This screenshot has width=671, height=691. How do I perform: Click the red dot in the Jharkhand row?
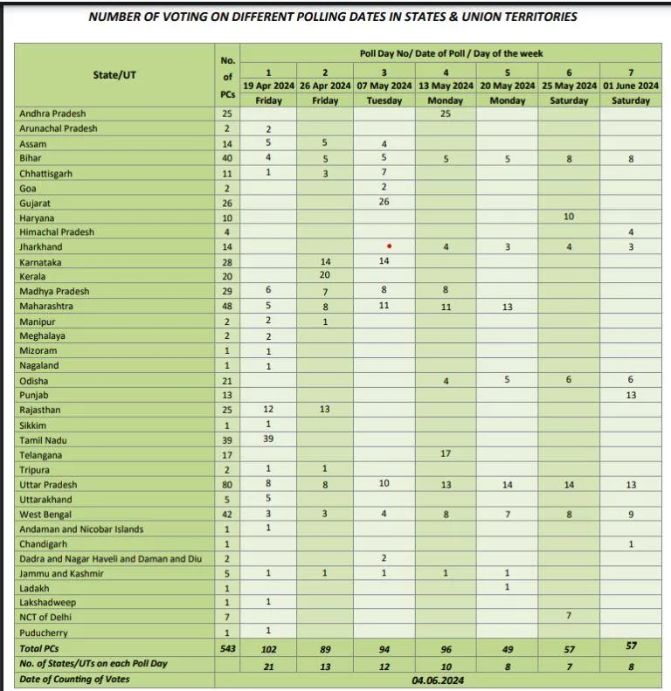pos(389,246)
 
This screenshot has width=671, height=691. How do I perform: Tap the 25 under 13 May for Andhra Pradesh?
pos(445,114)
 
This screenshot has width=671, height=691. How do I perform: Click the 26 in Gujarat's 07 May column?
pos(384,202)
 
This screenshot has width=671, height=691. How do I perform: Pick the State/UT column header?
pos(114,75)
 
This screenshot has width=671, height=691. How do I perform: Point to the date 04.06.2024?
pos(446,679)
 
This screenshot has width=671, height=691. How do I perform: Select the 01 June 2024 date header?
pos(631,86)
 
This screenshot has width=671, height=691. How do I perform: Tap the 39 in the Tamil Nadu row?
pos(268,439)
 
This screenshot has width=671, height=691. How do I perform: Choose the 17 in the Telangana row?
pos(445,454)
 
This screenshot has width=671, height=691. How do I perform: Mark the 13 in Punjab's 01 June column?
pos(631,395)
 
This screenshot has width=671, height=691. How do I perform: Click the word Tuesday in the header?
pos(384,100)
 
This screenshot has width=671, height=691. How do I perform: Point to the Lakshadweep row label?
pos(48,603)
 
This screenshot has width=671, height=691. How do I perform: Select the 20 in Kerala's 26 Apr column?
pos(324,276)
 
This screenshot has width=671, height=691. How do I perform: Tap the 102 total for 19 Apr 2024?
pos(268,649)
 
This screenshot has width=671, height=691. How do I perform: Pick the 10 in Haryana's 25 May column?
pos(569,217)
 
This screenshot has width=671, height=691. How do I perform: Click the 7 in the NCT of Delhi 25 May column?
pos(569,617)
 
